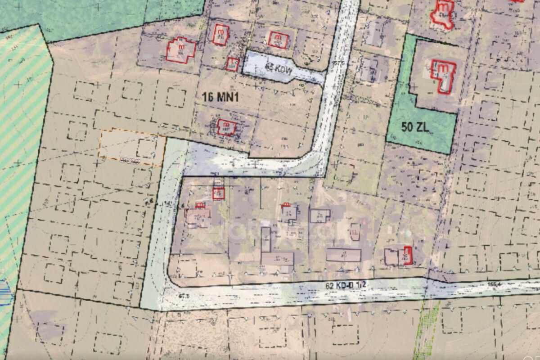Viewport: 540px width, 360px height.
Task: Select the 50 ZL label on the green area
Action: coord(415,127)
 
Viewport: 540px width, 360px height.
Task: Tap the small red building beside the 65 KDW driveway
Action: coord(232,64)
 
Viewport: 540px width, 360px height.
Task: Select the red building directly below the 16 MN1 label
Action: coord(227,127)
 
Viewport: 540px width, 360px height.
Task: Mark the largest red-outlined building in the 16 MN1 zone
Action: coord(181,50)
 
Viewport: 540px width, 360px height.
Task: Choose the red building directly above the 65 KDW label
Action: coord(278,40)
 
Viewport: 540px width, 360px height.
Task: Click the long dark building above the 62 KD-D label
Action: coord(343,255)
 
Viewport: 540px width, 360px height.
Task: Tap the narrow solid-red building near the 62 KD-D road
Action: coord(408,255)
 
